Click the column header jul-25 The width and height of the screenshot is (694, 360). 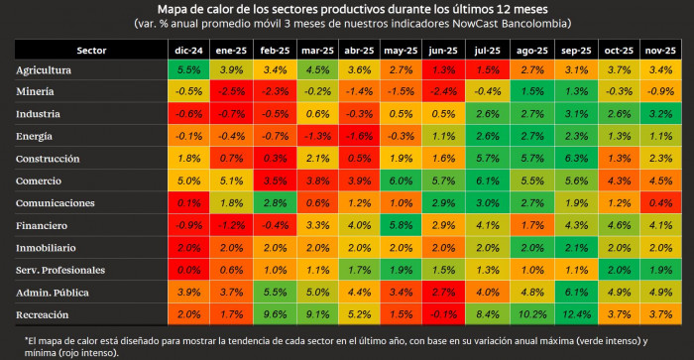pos(488,50)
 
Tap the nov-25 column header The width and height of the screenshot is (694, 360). pos(658,50)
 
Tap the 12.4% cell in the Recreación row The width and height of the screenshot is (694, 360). pos(573,314)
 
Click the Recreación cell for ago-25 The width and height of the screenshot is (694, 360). pos(530,314)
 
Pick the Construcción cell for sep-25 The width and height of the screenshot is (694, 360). pos(573,159)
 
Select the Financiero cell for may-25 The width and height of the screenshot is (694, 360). pos(402,225)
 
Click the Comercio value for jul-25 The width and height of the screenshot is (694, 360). pos(488,180)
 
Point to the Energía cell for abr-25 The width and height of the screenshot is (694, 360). pos(359,136)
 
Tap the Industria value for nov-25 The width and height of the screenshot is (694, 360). pos(658,114)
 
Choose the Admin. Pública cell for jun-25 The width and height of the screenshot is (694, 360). pos(444,293)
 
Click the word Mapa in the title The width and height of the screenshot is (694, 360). pos(227,9)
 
